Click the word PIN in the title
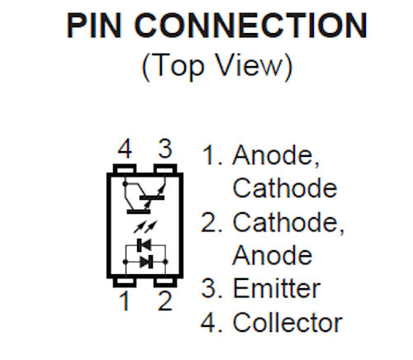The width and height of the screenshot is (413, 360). [x=94, y=26]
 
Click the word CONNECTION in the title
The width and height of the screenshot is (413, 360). [x=250, y=26]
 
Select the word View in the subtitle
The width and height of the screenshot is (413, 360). [x=249, y=65]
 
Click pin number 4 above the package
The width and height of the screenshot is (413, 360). [x=125, y=149]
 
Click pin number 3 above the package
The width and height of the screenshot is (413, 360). [x=165, y=149]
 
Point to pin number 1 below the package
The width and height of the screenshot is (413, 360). [x=125, y=301]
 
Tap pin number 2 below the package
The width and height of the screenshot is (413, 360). [x=165, y=301]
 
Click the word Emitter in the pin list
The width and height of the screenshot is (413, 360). [x=277, y=288]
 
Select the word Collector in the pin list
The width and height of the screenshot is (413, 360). [x=287, y=322]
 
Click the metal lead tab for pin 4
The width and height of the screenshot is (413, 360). [x=125, y=168]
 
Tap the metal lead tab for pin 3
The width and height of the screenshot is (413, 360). [x=165, y=168]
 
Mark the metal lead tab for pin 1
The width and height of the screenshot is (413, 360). [x=125, y=282]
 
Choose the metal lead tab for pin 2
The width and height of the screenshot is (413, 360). [x=165, y=282]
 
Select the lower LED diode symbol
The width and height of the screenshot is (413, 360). [x=146, y=262]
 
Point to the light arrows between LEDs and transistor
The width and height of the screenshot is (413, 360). [x=145, y=226]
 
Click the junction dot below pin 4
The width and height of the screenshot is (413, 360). [x=126, y=183]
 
